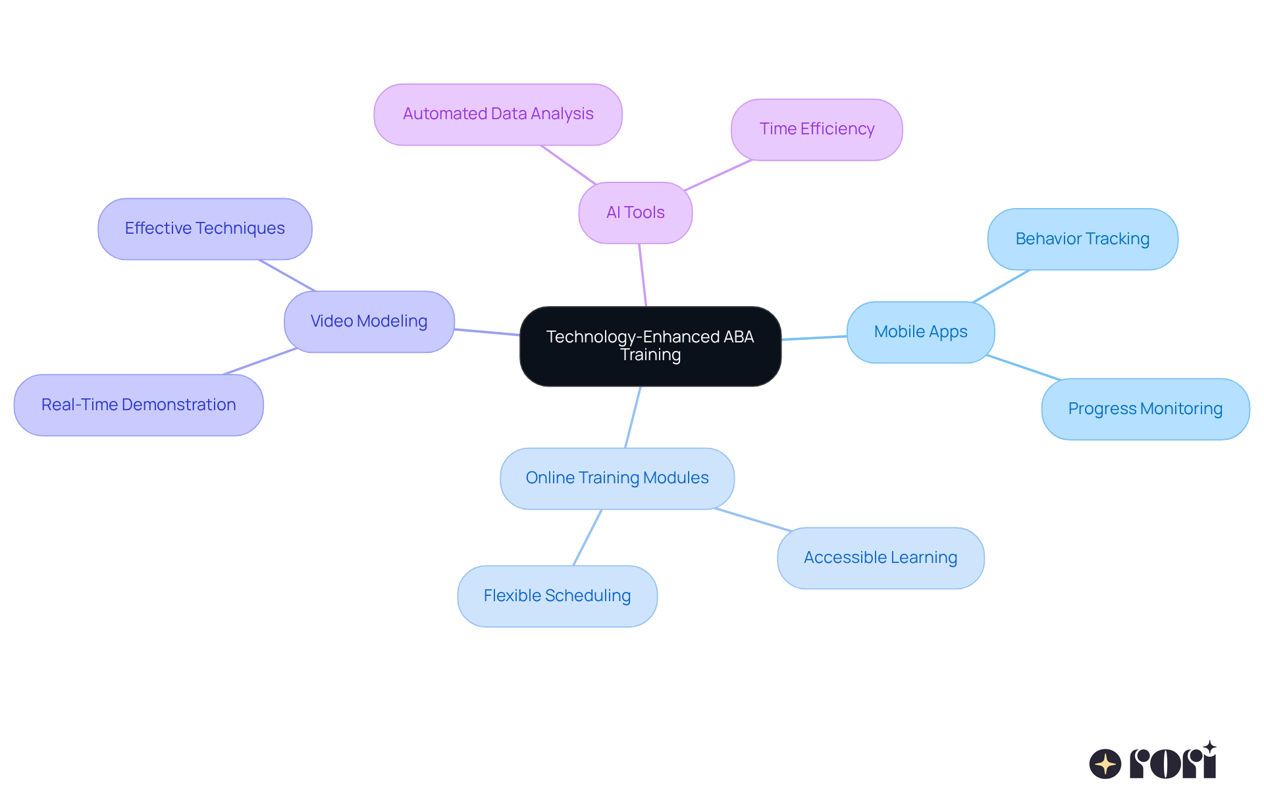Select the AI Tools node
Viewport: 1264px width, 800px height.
(x=635, y=213)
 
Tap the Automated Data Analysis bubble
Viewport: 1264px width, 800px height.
(x=498, y=114)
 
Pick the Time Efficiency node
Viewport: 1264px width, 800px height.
(x=816, y=129)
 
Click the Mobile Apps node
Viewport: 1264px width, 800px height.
(x=920, y=332)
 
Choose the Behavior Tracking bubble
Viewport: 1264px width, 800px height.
(x=1082, y=239)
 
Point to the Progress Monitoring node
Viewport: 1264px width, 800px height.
(x=1145, y=409)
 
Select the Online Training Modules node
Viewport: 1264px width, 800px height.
(x=617, y=478)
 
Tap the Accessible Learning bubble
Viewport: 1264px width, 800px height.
(x=880, y=558)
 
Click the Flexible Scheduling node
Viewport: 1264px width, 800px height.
(x=557, y=596)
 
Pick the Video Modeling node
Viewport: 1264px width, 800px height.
(x=369, y=321)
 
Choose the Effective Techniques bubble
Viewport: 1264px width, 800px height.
(x=205, y=228)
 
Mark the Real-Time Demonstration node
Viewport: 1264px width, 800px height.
(x=138, y=405)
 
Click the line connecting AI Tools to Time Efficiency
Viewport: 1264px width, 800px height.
(x=718, y=175)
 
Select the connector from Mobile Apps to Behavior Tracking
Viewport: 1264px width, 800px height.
(x=1001, y=286)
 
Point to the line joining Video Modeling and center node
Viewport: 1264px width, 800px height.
(x=487, y=332)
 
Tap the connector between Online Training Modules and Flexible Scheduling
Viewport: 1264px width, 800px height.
(x=587, y=537)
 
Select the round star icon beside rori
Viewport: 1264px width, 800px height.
(x=1105, y=764)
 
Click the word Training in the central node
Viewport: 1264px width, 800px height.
(x=650, y=355)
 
